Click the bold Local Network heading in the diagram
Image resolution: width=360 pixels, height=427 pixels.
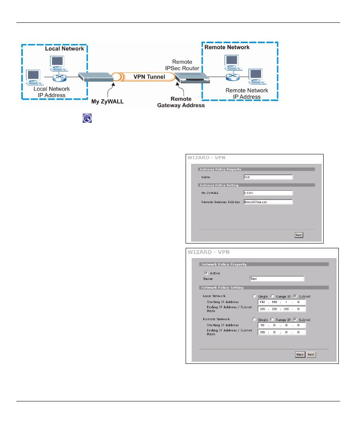64,48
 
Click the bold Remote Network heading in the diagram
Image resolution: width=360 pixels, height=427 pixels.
227,47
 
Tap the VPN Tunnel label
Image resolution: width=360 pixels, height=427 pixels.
149,76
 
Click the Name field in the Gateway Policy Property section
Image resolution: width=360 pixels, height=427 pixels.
268,177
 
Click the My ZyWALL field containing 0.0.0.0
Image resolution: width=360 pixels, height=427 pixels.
268,193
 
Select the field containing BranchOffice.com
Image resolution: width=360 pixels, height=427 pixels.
268,202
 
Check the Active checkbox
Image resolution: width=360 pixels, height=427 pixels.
206,273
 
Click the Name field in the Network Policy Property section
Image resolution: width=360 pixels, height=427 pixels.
276,279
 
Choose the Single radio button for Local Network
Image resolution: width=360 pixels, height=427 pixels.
254,296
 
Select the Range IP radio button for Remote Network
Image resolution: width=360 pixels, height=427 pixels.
272,320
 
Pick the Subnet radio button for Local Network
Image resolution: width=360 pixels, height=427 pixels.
295,296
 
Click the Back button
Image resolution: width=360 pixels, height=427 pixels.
300,355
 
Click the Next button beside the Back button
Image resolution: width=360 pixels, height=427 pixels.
311,355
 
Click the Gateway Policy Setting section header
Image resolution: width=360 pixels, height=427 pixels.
219,185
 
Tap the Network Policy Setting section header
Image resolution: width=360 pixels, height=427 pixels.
222,287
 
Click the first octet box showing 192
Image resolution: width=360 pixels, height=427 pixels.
263,302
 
